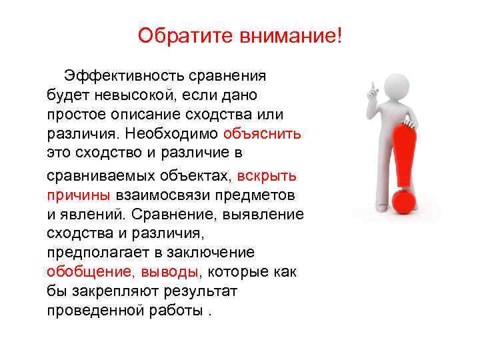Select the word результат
[x=200, y=291]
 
